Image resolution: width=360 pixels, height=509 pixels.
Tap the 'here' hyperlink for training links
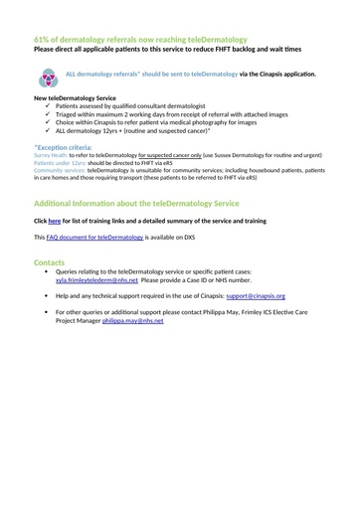(55, 220)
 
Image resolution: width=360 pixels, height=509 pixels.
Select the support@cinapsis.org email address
(256, 296)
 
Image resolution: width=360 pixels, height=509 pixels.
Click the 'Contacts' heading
(50, 262)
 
